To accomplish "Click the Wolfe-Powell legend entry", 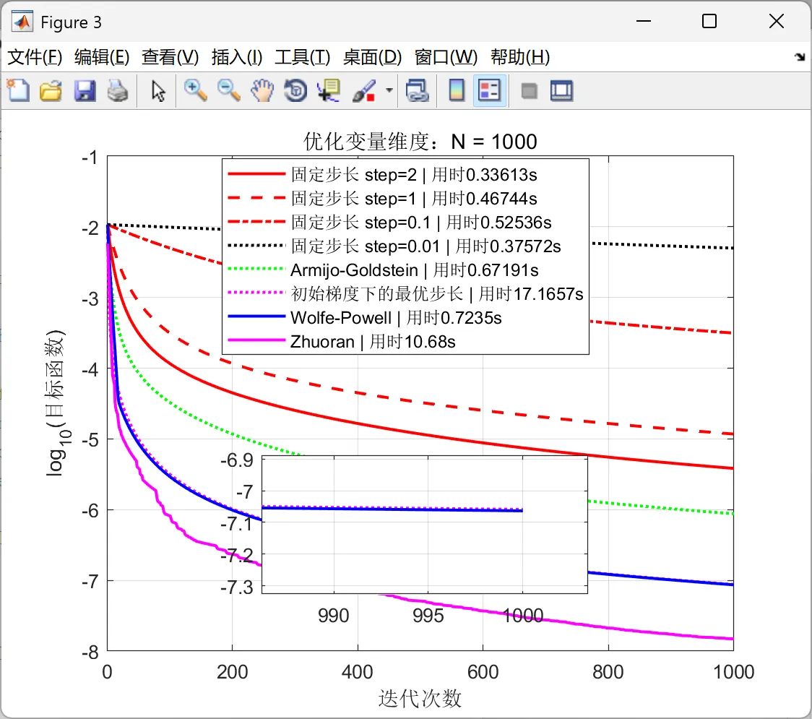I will click(396, 317).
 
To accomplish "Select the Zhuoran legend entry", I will click(373, 341).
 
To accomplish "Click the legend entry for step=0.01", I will click(426, 246).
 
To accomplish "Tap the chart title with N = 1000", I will click(420, 141).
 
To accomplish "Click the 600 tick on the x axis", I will click(483, 672).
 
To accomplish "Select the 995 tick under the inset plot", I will click(428, 616).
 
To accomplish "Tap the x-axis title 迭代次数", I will click(420, 698).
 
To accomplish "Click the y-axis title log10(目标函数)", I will click(56, 403).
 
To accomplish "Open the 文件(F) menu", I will click(35, 57).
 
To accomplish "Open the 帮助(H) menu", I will click(520, 57).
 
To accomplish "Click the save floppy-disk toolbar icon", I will click(85, 91).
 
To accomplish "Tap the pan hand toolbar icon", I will click(262, 91).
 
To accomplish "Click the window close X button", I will click(777, 22).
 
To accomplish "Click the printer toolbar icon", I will click(118, 91).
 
